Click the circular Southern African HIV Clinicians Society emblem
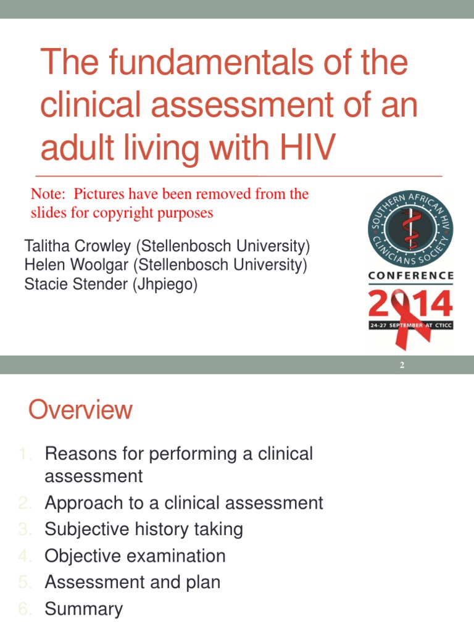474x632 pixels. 410,229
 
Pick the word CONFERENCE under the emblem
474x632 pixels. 411,275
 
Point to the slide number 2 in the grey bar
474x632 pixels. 402,365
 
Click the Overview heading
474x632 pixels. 80,410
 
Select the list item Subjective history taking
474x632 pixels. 144,529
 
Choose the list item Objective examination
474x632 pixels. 135,555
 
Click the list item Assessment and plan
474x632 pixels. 133,582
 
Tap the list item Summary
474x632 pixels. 84,609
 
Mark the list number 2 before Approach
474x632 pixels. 23,503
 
